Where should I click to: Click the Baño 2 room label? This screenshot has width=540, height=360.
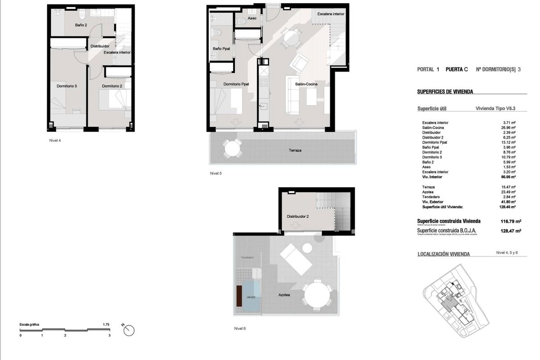(81, 25)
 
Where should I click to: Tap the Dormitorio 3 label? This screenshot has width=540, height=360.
(67, 86)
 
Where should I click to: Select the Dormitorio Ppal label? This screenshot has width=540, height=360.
(236, 84)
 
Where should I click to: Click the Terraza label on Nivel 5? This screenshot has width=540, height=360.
(295, 150)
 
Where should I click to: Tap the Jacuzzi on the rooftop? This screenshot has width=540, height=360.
(251, 297)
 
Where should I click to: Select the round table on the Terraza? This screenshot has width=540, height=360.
(232, 148)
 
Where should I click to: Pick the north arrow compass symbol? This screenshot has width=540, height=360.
(129, 330)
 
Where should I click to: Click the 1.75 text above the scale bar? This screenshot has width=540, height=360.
(106, 324)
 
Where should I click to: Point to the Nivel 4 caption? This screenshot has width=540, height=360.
(55, 140)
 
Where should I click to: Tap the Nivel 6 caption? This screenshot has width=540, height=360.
(240, 328)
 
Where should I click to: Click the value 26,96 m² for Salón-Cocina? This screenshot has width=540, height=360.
(509, 127)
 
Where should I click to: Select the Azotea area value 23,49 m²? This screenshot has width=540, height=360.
(509, 192)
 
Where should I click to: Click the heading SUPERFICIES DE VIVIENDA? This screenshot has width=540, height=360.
(445, 92)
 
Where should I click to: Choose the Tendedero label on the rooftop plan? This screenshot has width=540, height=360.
(247, 257)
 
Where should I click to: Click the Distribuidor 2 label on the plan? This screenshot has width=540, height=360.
(298, 216)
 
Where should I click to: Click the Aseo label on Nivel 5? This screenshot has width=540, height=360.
(252, 18)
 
